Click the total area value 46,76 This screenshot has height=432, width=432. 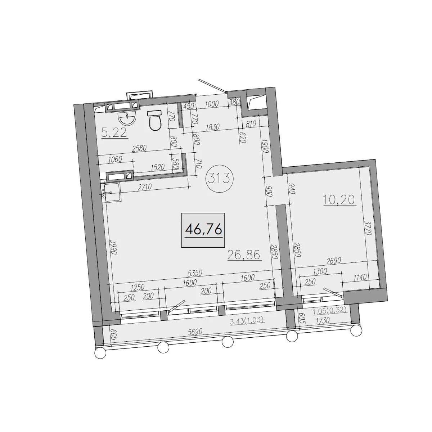pos(203,229)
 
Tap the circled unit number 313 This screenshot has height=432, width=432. pos(220,179)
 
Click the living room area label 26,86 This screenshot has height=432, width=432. pos(245,255)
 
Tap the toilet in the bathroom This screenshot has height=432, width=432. pos(155,120)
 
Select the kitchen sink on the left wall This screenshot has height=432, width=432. pos(111,192)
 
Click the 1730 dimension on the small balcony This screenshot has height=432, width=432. pos(322,321)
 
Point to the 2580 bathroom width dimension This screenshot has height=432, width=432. pos(139,148)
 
